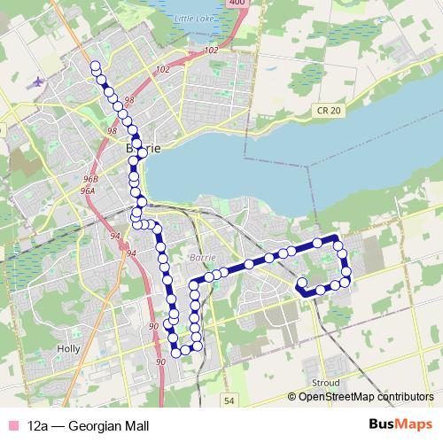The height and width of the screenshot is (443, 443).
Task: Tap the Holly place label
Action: tap(68, 349)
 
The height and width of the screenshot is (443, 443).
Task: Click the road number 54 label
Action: tap(229, 400)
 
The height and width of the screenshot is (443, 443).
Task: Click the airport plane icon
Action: tap(36, 82)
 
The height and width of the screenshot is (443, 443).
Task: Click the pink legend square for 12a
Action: tap(12, 425)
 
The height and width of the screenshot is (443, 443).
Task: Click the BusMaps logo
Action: tap(401, 425)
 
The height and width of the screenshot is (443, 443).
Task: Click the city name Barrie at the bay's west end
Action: tap(144, 150)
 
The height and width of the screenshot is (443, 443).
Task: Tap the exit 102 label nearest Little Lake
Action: tap(210, 51)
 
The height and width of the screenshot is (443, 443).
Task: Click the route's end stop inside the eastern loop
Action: tap(302, 284)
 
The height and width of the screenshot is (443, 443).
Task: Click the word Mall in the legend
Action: tap(131, 425)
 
